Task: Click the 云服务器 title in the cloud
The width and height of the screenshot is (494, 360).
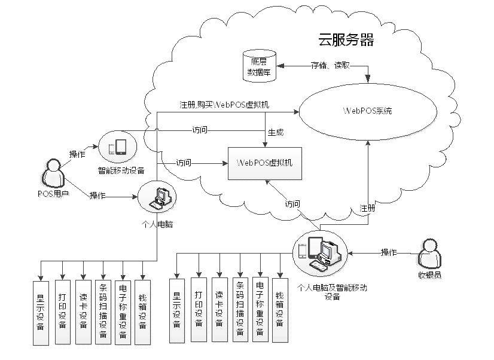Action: coord(346,41)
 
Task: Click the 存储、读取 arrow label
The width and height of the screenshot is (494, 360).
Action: coord(329,65)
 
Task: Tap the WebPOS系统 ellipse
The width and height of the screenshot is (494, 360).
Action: coord(367,111)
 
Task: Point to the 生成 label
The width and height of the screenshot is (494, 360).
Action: coord(276,132)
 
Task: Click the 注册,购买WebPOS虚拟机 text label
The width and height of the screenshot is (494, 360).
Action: coord(224,105)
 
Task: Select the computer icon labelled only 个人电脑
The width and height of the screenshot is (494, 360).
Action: coord(158,199)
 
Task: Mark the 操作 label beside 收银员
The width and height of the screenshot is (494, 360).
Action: coord(389,252)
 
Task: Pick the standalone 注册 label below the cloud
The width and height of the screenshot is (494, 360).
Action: coord(367,208)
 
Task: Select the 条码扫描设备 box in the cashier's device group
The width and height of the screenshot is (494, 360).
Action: coord(240,310)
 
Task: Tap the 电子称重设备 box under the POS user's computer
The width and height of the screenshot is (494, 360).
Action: coord(122,312)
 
